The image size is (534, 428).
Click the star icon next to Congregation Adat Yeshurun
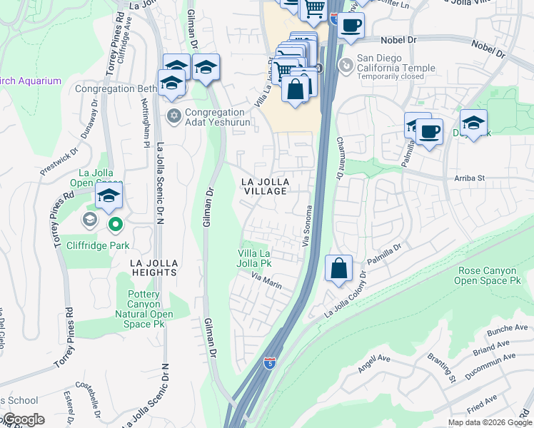[173, 116]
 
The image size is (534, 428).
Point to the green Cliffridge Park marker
[115, 226]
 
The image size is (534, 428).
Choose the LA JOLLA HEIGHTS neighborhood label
[153, 267]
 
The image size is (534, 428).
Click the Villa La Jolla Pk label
[264, 258]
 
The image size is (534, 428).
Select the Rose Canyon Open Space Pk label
[489, 275]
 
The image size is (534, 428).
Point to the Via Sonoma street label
[309, 225]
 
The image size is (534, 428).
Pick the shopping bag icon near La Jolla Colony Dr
[339, 269]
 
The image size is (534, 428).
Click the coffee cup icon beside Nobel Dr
[350, 26]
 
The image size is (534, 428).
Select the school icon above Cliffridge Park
[109, 195]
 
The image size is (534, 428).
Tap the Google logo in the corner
[24, 419]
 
